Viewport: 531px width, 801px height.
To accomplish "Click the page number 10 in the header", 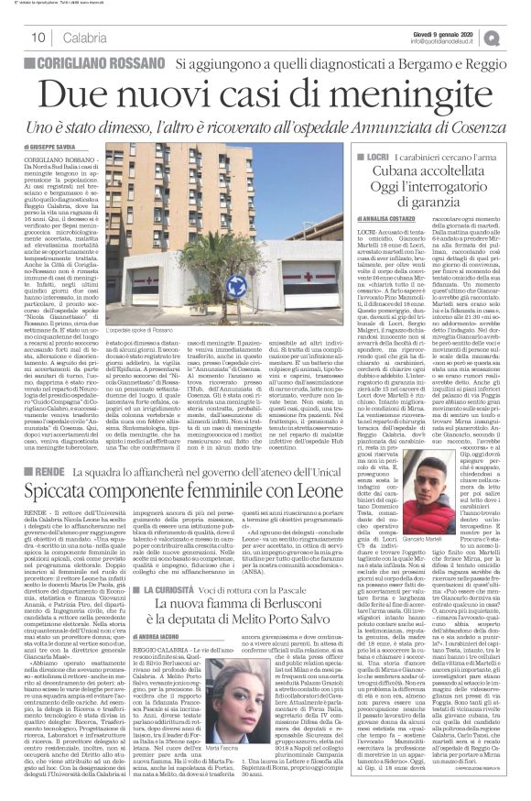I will pyautogui.click(x=39, y=37).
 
